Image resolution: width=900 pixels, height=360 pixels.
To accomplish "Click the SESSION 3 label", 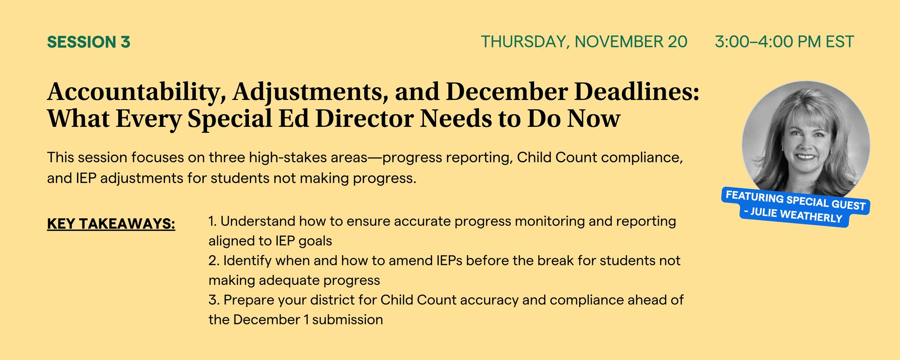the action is tap(89, 42).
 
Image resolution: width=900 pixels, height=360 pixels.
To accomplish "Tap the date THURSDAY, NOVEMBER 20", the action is tap(584, 42).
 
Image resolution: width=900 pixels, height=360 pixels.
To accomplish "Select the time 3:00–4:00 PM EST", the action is tap(784, 42).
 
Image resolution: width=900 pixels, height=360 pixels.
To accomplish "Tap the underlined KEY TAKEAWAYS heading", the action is tap(111, 224).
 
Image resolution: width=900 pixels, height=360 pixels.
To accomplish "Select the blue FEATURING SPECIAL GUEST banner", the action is tap(796, 200).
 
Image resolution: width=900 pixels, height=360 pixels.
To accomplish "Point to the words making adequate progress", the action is tap(294, 281).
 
